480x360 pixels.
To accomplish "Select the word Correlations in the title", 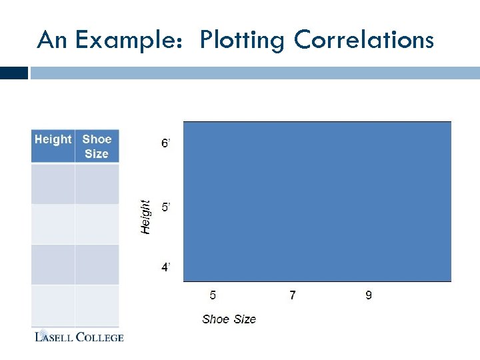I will click(x=363, y=41).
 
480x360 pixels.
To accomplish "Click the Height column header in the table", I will click(x=53, y=139).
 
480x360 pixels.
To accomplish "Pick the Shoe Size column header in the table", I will click(x=97, y=146).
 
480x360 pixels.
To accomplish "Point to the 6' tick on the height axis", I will click(x=166, y=144).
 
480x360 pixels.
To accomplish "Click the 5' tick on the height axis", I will click(x=166, y=207).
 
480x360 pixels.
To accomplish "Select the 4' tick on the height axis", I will click(x=166, y=267).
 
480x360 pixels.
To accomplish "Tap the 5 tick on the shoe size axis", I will click(x=213, y=295).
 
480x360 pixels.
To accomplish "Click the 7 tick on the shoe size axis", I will click(x=292, y=295).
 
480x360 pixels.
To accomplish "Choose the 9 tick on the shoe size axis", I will click(x=369, y=295).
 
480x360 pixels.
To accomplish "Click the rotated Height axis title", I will click(x=145, y=217).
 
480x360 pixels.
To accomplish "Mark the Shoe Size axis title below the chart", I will click(x=229, y=319).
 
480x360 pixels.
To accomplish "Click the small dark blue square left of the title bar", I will click(x=14, y=73).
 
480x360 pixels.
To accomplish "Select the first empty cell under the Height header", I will click(x=53, y=183).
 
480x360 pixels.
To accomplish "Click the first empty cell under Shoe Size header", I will click(x=97, y=183).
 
